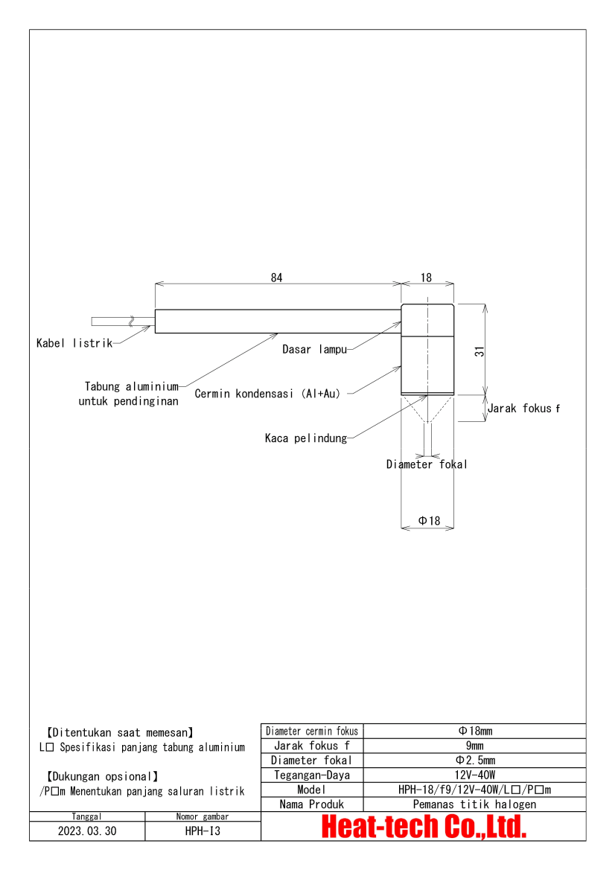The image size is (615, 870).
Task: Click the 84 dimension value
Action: [x=276, y=278]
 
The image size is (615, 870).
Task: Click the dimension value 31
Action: [x=479, y=351]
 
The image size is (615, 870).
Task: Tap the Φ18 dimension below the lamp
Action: [x=429, y=521]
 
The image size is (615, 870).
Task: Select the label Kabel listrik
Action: [x=74, y=343]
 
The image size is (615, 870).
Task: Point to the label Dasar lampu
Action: [x=315, y=350]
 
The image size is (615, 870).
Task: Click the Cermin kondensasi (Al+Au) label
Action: [x=267, y=394]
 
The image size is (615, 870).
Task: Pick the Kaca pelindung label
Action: [x=306, y=438]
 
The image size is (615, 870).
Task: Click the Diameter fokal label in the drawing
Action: [x=427, y=464]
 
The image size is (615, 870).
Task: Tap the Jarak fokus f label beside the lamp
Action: [x=524, y=409]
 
